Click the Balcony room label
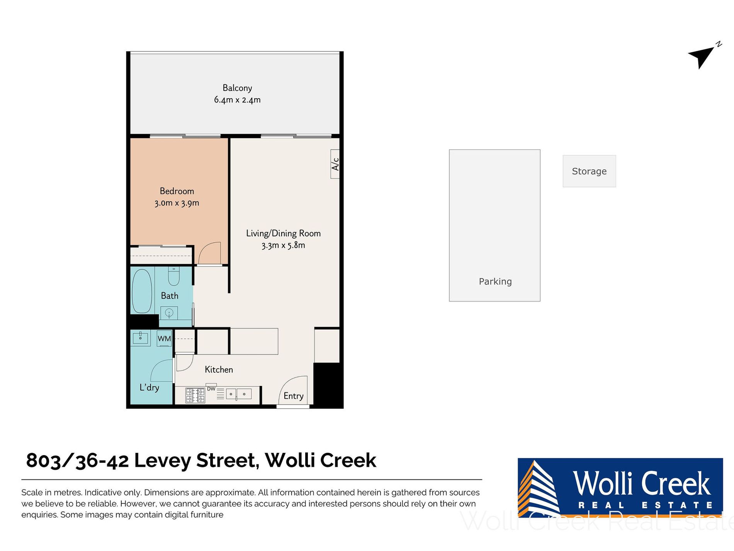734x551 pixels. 237,88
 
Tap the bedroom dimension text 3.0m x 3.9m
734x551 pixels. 177,203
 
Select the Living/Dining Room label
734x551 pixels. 283,233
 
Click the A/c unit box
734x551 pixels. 335,164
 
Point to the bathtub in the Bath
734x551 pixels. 142,291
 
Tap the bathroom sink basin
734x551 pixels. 169,313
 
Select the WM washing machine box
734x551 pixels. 164,338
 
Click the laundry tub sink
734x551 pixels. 141,338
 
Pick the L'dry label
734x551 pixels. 149,387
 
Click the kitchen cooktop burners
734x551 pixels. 195,396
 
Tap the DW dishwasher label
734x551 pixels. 211,389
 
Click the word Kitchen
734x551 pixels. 219,369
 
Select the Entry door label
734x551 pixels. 293,396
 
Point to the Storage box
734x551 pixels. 589,171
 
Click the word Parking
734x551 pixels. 495,281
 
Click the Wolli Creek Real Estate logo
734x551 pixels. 620,488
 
